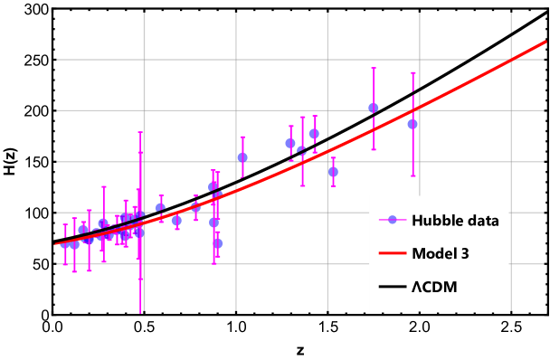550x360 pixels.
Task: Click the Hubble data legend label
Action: click(455, 220)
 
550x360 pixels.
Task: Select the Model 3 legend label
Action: click(440, 253)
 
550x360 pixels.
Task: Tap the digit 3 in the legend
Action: click(465, 253)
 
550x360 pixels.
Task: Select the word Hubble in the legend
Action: click(437, 220)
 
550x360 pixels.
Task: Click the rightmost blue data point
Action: click(412, 124)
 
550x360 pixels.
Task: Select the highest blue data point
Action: click(374, 108)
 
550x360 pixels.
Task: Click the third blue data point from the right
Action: click(333, 171)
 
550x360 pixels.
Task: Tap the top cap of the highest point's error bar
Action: click(374, 68)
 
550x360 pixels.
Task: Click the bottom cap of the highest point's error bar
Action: click(374, 149)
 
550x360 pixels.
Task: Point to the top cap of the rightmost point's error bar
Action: click(412, 73)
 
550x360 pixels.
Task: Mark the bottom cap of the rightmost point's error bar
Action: click(412, 175)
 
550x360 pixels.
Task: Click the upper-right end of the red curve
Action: click(546, 41)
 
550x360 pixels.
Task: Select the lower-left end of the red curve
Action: click(56, 244)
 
